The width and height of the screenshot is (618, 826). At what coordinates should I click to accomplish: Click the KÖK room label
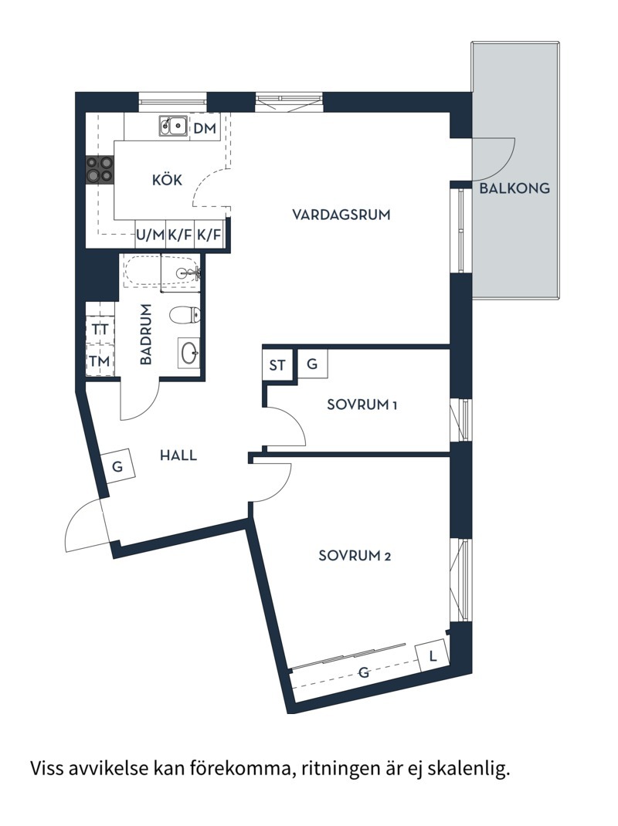coord(167,180)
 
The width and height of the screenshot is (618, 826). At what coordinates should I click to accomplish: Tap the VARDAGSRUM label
coord(341,214)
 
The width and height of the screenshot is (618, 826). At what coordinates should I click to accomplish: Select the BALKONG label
coord(514,188)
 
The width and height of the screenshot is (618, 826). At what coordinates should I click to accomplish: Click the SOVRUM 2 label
coord(355,555)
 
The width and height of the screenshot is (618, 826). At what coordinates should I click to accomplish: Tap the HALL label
coord(178,455)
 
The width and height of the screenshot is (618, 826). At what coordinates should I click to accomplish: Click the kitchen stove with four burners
coord(100,170)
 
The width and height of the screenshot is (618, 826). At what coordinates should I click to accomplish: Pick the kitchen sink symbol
coord(173,125)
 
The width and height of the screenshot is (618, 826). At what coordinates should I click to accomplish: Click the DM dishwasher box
coord(205,128)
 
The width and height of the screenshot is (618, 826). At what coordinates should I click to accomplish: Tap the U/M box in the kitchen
coord(150,235)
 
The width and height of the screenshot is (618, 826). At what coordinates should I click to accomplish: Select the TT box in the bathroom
coord(100,329)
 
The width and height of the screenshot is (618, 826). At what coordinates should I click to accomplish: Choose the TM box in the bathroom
coord(100,361)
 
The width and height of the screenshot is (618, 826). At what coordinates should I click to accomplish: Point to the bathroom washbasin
coord(189,353)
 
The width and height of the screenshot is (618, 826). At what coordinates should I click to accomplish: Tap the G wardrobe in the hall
coord(118,466)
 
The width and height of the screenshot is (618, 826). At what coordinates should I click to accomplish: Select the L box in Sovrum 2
coord(433,656)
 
